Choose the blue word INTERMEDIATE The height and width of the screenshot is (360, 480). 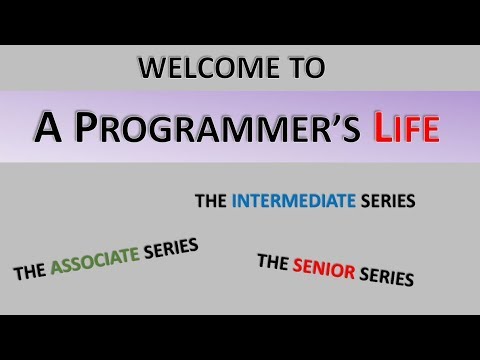(x=293, y=201)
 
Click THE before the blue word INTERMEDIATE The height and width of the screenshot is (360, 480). (x=210, y=201)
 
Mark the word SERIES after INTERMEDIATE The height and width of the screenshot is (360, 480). (x=388, y=201)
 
